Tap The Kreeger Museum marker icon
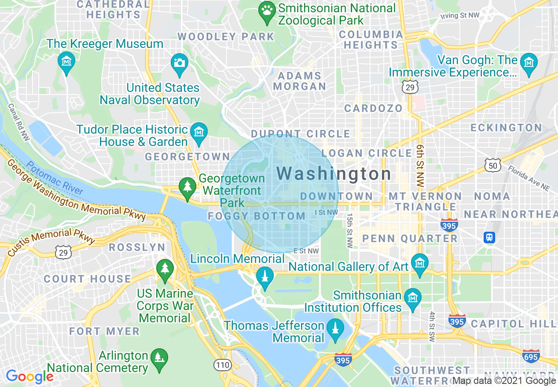[66, 62]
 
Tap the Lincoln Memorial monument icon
[265, 277]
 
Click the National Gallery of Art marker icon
[419, 263]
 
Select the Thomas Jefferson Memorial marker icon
[335, 328]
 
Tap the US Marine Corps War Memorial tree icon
[165, 268]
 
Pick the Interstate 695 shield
[531, 356]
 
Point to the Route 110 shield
[223, 364]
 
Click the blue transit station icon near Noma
[489, 238]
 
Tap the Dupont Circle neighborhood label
[301, 134]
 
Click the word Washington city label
[334, 174]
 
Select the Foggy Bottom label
[257, 216]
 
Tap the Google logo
[29, 377]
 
